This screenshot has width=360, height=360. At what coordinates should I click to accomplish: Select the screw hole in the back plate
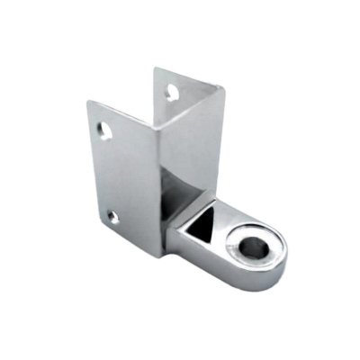[170, 91]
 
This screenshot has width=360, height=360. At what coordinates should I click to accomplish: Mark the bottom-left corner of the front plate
[100, 223]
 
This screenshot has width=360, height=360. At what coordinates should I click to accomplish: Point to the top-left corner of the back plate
[152, 67]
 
